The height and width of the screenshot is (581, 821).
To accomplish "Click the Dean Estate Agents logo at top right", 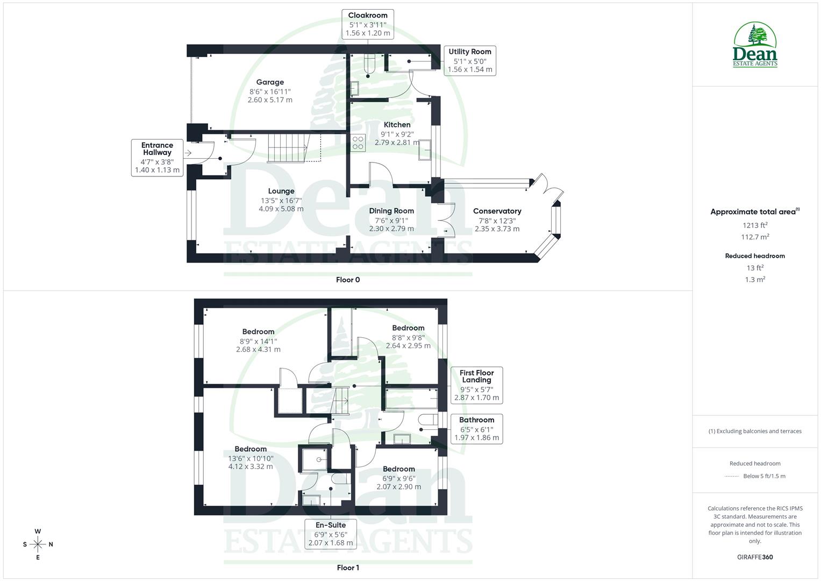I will pos(755,45).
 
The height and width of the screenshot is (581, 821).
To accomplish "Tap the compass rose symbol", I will pos(38,544).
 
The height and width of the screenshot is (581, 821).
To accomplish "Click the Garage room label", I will pos(270,82).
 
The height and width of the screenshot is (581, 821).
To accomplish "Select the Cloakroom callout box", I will pos(368,24).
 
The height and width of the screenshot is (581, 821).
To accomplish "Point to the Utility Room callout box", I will pos(469,60).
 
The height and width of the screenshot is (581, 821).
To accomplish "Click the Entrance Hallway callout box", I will pos(157,158).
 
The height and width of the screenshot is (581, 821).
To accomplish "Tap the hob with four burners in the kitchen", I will pos(358,143).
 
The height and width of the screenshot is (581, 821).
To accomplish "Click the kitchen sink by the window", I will pos(425,150).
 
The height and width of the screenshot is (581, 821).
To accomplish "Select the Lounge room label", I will pos(281,191).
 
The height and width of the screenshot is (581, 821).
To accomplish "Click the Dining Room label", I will pos(391,211).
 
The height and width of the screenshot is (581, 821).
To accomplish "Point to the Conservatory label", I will pos(497,211).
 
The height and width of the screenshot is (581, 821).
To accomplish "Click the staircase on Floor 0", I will pos(288,147).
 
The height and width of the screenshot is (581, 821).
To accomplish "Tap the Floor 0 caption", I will pos(348,280).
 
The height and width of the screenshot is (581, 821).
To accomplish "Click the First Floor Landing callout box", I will pos(476,385).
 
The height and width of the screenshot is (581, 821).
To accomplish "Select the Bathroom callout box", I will pos(476,428).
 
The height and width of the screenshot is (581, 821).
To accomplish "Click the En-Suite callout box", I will pos(331,534).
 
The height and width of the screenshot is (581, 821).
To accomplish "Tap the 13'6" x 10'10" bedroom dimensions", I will pos(251,458).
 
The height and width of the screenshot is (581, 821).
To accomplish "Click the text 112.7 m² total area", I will pos(755,237).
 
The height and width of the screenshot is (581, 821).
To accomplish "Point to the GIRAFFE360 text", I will pos(755,557).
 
